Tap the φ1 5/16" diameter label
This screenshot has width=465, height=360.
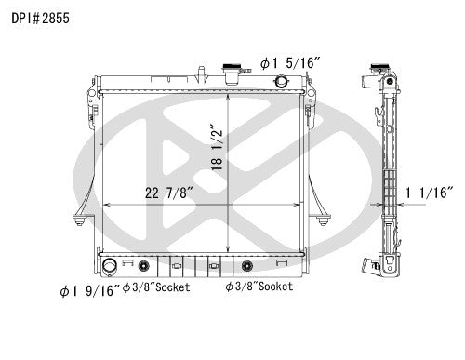click(292, 64)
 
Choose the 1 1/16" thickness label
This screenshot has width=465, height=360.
click(429, 193)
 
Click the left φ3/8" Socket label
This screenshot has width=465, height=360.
click(155, 287)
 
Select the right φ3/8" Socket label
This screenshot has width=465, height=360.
click(259, 287)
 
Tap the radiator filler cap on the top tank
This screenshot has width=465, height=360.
click(228, 70)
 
